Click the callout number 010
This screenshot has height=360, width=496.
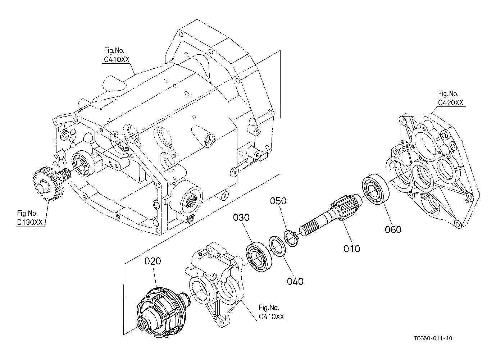pyautogui.click(x=352, y=249)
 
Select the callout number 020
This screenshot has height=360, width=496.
pyautogui.click(x=153, y=261)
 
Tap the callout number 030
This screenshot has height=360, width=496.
pyautogui.click(x=241, y=218)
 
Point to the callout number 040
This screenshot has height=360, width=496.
pyautogui.click(x=295, y=281)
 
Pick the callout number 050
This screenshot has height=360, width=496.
pyautogui.click(x=278, y=201)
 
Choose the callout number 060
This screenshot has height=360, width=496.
pyautogui.click(x=393, y=229)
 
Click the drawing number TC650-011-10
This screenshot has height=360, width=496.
pyautogui.click(x=433, y=338)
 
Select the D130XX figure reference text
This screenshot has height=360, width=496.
pyautogui.click(x=29, y=222)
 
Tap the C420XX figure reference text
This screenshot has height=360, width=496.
pyautogui.click(x=451, y=102)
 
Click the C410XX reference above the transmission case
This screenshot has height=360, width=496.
pyautogui.click(x=117, y=60)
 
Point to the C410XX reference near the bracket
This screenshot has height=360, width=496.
pyautogui.click(x=271, y=317)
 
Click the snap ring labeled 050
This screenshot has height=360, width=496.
pyautogui.click(x=291, y=239)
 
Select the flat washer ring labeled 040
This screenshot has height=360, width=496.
pyautogui.click(x=277, y=246)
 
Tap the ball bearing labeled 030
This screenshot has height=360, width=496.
pyautogui.click(x=259, y=257)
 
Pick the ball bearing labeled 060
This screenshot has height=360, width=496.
pyautogui.click(x=376, y=189)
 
